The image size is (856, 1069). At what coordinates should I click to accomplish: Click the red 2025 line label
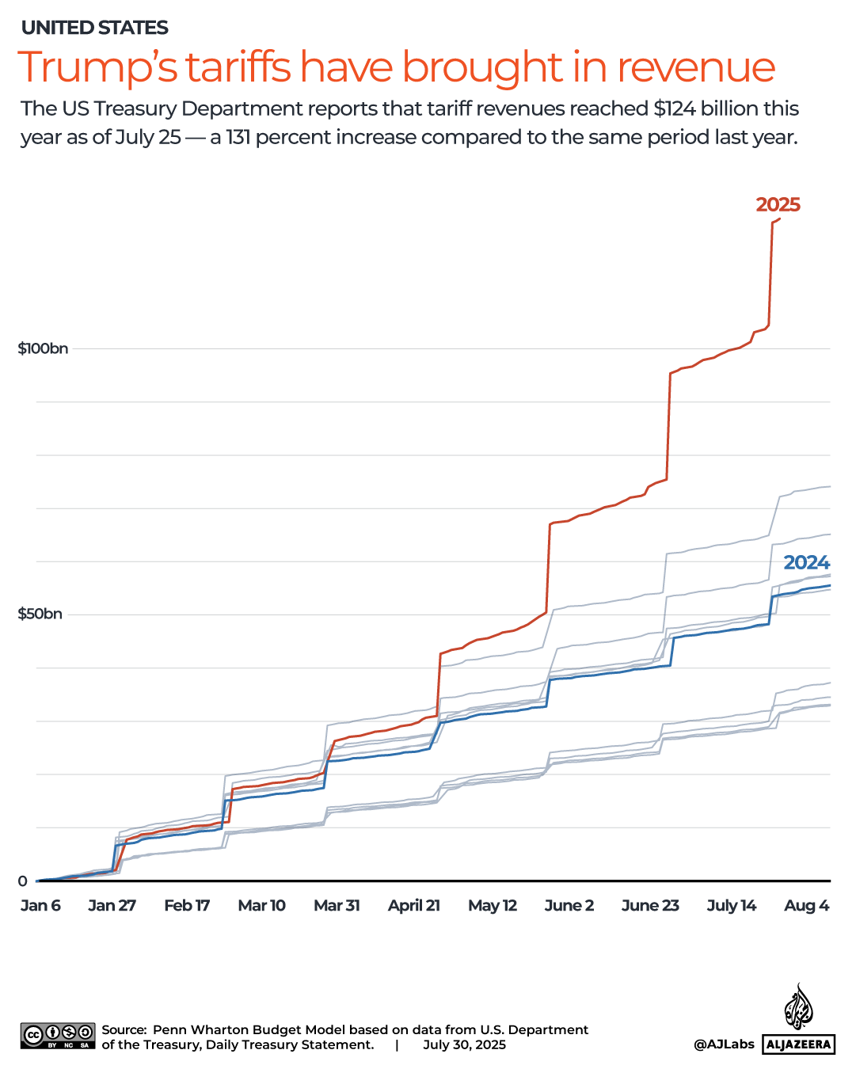(778, 205)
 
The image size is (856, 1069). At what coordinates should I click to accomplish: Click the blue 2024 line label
(806, 563)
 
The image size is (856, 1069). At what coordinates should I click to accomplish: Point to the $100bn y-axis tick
(43, 348)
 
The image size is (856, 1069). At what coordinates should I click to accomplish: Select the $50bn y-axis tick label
(40, 614)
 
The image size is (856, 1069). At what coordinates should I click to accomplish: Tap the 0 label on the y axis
(22, 881)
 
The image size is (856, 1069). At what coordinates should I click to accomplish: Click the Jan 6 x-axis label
(40, 905)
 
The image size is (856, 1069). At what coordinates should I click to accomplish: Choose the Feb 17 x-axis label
(187, 905)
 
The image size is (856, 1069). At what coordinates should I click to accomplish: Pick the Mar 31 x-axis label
(337, 905)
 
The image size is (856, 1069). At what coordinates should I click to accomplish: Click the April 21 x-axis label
(413, 905)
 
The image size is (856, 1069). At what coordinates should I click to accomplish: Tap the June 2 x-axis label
(569, 905)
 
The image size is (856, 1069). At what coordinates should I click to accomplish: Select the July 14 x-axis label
(731, 905)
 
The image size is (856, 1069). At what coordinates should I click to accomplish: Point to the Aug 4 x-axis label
(806, 905)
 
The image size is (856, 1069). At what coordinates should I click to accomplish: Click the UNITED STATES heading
(95, 28)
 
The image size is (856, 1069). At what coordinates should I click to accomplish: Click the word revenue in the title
(695, 67)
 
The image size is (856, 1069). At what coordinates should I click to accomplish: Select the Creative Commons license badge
(58, 1036)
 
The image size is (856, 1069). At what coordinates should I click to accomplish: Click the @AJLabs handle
(724, 1044)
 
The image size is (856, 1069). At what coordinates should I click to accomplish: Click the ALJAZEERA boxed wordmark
(799, 1044)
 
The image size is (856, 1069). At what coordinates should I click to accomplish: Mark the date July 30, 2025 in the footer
(464, 1044)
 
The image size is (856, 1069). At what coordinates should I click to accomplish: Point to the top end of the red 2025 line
(780, 219)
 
